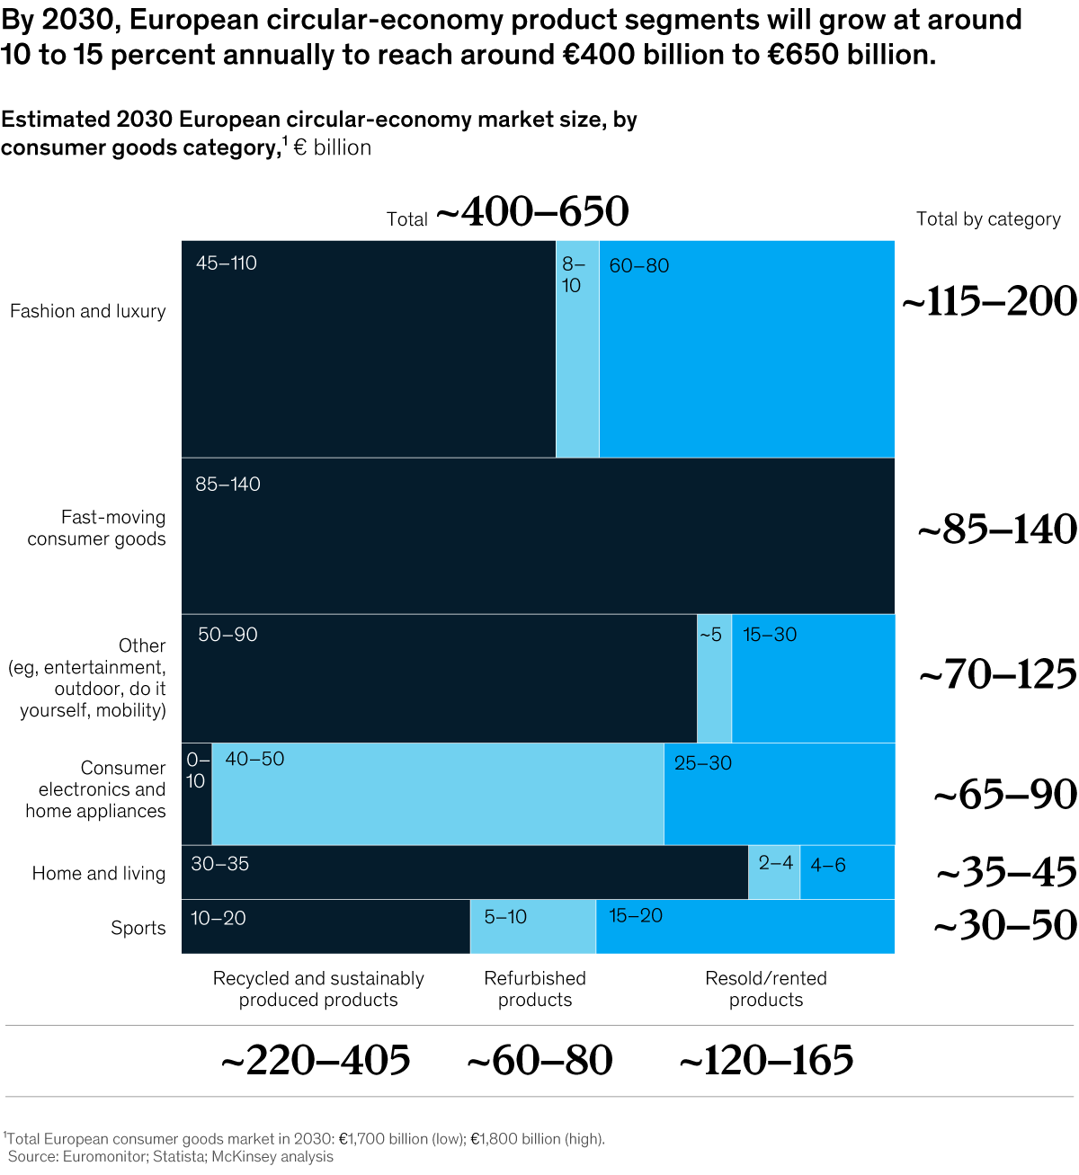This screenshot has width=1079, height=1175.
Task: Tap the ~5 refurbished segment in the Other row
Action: tap(714, 679)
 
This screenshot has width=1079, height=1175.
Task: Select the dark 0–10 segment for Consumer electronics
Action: tap(196, 794)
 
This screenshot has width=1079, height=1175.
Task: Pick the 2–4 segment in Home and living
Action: tap(774, 872)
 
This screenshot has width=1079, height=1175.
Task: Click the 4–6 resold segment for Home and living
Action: tap(847, 872)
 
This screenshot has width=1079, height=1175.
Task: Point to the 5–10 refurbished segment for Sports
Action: tap(532, 926)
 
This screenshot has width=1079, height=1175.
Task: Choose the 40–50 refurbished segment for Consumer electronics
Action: tap(438, 794)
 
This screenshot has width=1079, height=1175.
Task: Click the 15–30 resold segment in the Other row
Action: tap(813, 679)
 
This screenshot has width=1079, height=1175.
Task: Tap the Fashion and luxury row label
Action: tap(88, 311)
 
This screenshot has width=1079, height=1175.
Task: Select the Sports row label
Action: tap(138, 928)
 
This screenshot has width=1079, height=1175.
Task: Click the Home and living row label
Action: tap(99, 873)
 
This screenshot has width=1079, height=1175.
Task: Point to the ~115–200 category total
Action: tap(989, 301)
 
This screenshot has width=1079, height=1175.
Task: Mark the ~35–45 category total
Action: tap(1006, 872)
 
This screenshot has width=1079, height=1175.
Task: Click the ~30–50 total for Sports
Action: tap(1005, 925)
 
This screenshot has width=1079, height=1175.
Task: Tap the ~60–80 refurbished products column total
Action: tap(539, 1060)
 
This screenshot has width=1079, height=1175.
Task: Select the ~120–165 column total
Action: tap(766, 1060)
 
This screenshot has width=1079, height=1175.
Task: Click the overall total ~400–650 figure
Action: tap(532, 212)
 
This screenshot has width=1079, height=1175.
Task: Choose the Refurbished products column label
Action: tap(535, 989)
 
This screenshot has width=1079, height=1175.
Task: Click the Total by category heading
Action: tap(988, 219)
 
